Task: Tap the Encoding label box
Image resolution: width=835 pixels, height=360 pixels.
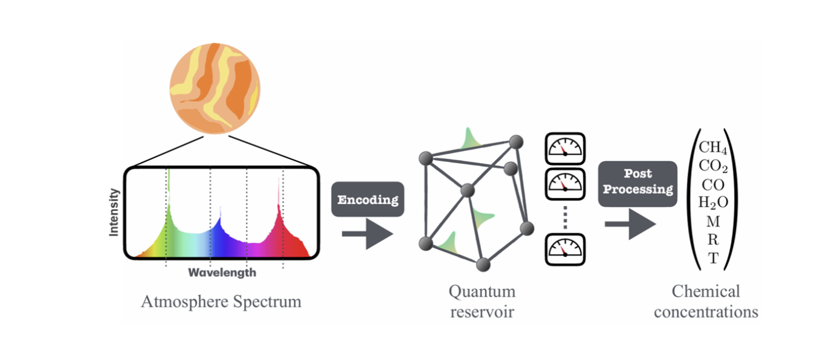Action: pos(367,199)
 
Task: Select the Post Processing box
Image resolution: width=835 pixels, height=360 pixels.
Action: pos(637,182)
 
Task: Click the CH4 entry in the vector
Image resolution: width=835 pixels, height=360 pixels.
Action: pos(713,148)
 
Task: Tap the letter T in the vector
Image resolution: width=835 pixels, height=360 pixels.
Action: pos(713,259)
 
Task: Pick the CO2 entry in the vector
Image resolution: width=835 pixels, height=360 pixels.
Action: pos(713,166)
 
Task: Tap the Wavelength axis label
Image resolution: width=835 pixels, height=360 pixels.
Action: pos(222,272)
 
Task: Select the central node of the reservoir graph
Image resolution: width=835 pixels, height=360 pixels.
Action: pos(468,191)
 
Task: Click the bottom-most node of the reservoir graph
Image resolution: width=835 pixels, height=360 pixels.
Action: pos(482,264)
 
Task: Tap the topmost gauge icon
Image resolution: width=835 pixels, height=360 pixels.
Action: pos(565,148)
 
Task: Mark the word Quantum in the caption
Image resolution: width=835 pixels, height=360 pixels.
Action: pos(482,292)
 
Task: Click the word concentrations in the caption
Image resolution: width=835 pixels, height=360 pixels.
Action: pos(706,312)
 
